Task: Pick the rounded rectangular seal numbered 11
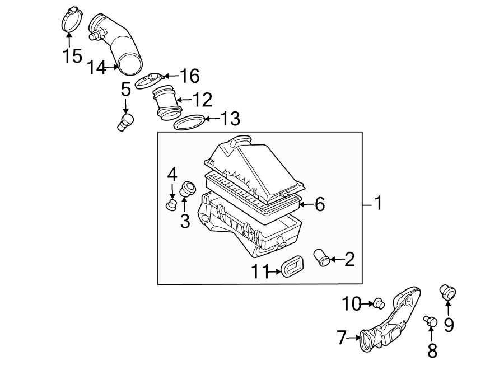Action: (292, 266)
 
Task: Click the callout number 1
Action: (378, 204)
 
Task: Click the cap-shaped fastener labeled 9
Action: (447, 291)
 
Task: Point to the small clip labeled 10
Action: (379, 303)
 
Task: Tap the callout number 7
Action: (342, 338)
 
